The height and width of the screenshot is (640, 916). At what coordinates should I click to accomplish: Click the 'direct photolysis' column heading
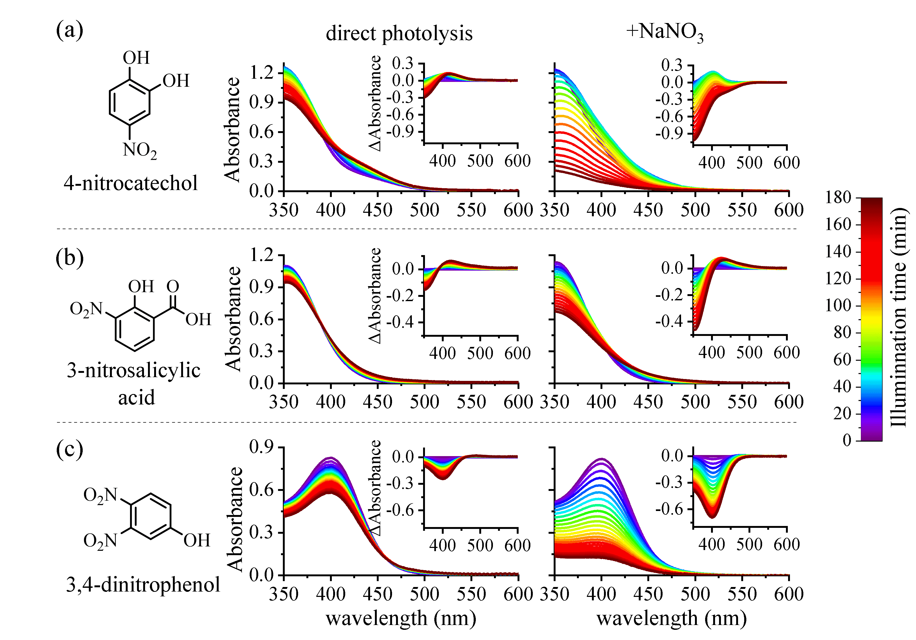click(399, 33)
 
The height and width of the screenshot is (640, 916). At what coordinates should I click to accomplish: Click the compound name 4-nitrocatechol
click(131, 183)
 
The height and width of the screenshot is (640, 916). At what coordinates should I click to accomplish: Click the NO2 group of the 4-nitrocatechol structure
click(140, 150)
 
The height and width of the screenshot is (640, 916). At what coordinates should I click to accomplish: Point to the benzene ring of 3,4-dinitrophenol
click(151, 517)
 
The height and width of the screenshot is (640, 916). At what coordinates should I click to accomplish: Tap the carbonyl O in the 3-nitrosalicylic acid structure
click(173, 286)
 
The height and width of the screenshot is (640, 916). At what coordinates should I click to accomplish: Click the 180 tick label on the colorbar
click(842, 198)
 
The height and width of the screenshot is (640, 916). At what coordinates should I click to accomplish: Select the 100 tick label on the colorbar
click(842, 306)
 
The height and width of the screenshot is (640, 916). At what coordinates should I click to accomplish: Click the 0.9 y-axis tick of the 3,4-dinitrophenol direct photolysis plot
click(261, 447)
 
